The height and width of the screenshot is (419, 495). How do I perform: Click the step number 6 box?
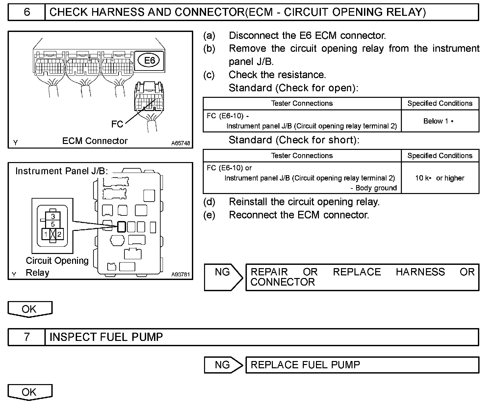click(x=27, y=12)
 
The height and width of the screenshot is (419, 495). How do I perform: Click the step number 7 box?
click(x=27, y=337)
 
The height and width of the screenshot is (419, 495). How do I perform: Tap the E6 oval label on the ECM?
click(x=150, y=60)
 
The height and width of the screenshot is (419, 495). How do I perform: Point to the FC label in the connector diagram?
click(x=117, y=124)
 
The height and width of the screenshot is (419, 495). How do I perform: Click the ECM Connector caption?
click(x=95, y=141)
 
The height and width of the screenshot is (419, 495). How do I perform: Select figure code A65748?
click(x=181, y=143)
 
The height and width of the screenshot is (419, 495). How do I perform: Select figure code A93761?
click(x=181, y=274)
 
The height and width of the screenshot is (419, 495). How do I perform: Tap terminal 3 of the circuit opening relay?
click(x=53, y=216)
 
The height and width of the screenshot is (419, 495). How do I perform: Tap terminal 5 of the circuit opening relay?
click(x=53, y=224)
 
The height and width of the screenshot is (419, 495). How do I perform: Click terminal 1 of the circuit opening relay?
click(x=46, y=234)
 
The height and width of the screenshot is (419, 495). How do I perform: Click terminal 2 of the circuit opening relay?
click(x=59, y=234)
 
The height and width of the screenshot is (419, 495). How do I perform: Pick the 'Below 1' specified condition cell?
click(x=440, y=121)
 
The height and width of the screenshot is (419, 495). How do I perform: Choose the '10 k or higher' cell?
click(x=440, y=178)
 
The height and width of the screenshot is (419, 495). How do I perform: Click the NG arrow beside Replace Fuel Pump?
click(x=223, y=365)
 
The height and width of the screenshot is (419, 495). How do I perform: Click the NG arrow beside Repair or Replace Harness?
click(x=223, y=277)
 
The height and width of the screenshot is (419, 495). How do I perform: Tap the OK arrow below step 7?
click(x=30, y=392)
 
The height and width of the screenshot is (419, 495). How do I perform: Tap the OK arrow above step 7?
click(x=30, y=309)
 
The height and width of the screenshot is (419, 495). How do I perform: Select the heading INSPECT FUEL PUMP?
click(x=106, y=337)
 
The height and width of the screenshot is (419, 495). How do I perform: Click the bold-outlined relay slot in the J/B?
click(x=121, y=227)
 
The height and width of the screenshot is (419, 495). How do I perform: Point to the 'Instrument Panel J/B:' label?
click(x=62, y=171)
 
